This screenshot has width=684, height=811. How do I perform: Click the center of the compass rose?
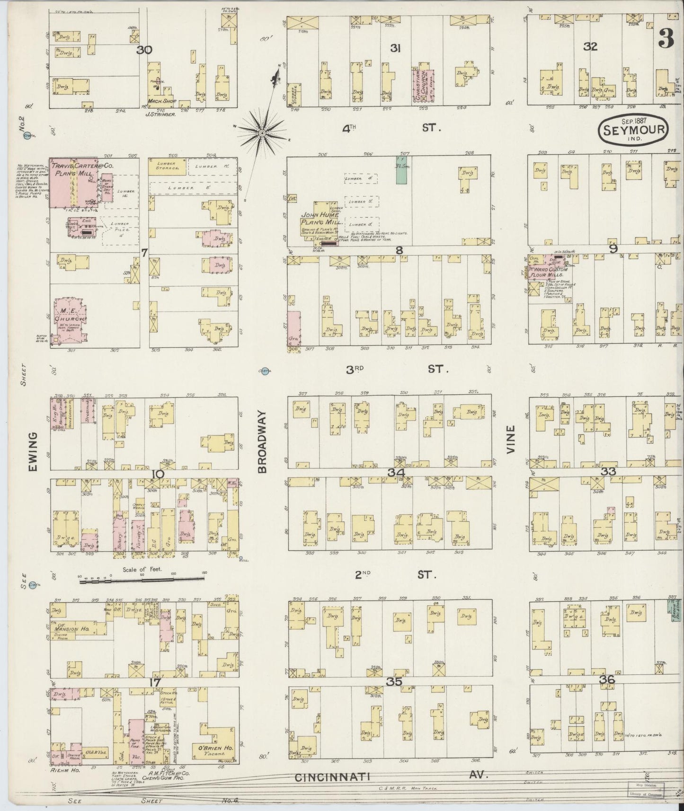261,134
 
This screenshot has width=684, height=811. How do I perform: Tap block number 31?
395,48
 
